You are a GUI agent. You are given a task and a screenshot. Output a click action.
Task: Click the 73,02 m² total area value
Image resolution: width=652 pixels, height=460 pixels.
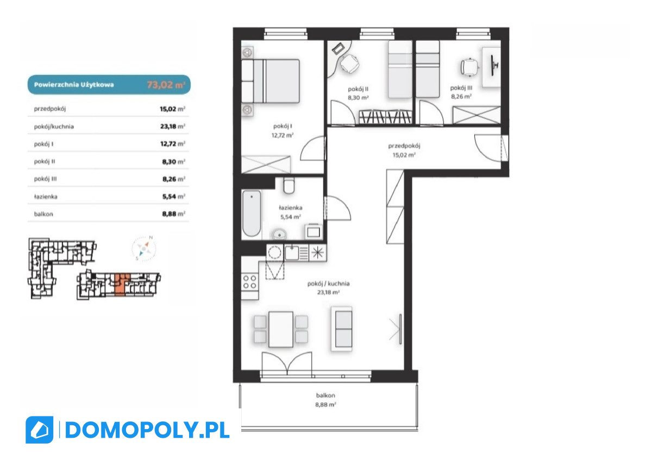click(x=166, y=85)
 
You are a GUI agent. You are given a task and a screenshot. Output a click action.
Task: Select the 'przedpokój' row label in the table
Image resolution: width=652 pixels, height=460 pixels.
click(x=50, y=109)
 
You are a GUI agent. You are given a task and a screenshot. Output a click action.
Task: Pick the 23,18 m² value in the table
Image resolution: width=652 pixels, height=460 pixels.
click(x=173, y=127)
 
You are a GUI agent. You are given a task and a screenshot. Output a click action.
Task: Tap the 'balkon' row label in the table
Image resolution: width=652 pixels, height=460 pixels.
click(x=43, y=214)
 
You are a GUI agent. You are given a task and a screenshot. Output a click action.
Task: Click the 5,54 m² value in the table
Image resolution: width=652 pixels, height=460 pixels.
click(x=173, y=197)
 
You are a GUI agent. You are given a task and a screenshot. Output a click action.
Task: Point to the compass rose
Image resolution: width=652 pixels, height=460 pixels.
click(x=144, y=249)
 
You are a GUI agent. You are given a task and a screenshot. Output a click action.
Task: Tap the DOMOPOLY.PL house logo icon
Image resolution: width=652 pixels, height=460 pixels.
click(x=40, y=430)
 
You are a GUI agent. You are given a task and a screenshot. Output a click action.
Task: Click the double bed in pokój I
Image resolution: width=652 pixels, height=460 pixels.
click(x=271, y=81)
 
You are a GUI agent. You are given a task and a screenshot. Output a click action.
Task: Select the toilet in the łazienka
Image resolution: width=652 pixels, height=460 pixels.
click(x=289, y=186)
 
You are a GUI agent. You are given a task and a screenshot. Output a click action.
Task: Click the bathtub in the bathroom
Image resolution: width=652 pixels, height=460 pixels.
click(x=252, y=213)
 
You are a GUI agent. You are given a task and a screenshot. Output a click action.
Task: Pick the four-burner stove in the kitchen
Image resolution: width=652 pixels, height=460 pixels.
click(x=250, y=282)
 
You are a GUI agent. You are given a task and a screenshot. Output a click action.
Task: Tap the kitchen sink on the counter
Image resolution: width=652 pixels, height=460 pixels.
click(x=292, y=253)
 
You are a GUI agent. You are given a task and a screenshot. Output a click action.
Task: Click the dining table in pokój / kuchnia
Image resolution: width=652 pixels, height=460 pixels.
click(x=280, y=329)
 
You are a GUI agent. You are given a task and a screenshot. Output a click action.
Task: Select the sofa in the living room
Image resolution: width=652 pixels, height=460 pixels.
click(x=342, y=329)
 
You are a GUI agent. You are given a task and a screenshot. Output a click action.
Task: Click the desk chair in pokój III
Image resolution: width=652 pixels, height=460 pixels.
click(x=469, y=67)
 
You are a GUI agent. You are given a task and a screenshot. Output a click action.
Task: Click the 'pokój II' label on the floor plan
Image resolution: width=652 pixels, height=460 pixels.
click(x=358, y=89)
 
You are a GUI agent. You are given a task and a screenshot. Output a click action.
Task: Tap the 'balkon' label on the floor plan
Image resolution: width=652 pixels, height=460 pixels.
click(x=325, y=395)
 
